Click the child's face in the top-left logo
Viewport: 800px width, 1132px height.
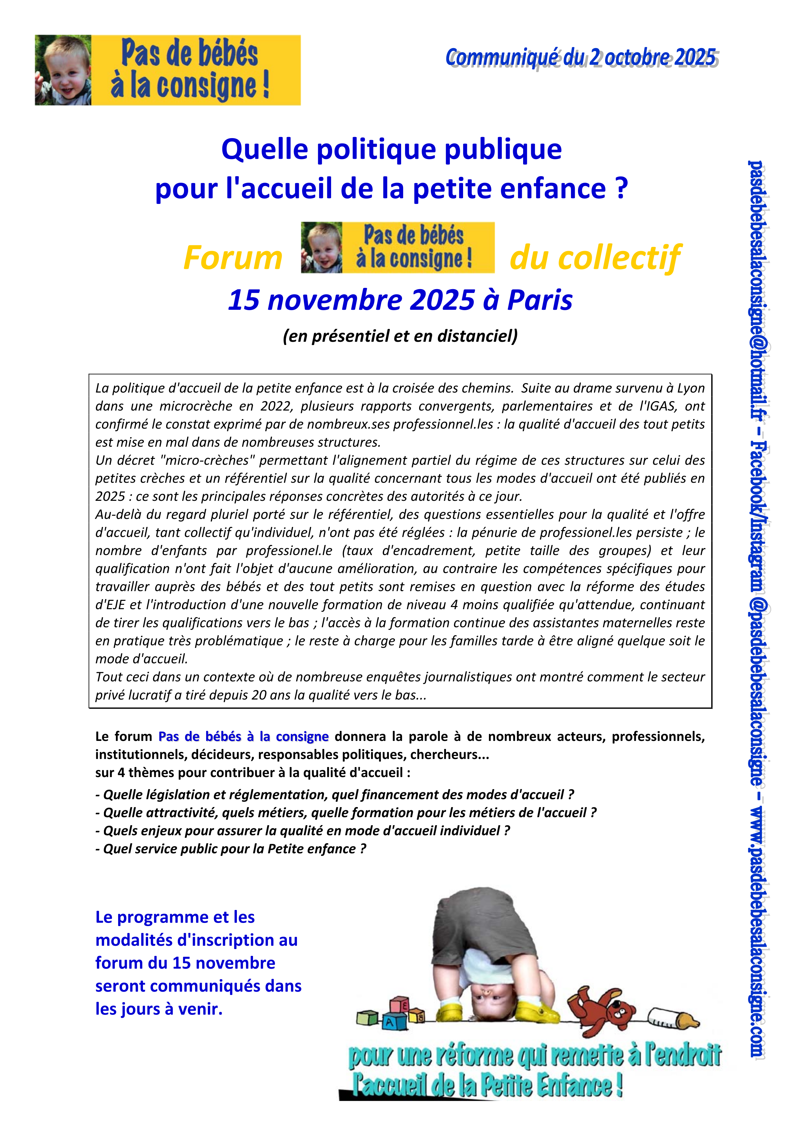click(63, 70)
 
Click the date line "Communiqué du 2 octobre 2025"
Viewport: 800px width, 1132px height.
click(580, 58)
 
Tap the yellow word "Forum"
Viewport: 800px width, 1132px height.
click(233, 258)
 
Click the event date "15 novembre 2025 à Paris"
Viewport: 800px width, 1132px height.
click(400, 300)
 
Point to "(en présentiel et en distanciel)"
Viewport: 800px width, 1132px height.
click(400, 336)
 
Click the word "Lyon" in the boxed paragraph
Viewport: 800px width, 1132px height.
click(690, 388)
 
